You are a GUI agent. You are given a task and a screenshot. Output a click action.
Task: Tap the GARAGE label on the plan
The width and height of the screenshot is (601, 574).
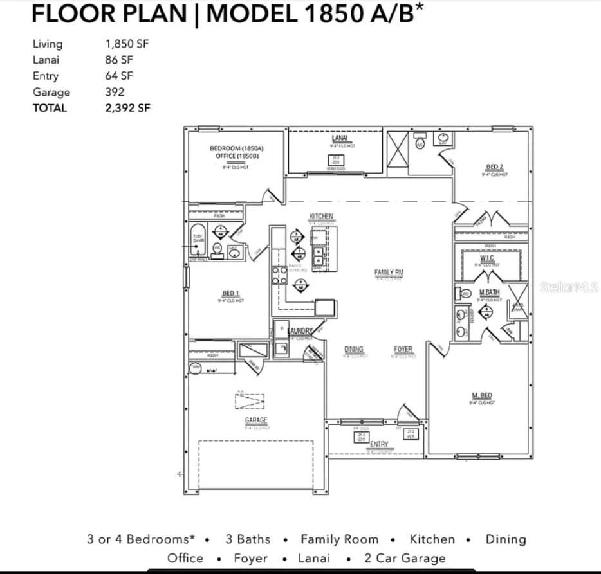(255, 420)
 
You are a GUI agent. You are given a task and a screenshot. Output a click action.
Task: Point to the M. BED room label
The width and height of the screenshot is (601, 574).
(482, 395)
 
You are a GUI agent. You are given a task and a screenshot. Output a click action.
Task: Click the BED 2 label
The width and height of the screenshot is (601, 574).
(495, 167)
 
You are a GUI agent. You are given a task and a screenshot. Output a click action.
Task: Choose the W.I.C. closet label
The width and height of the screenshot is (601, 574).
(486, 258)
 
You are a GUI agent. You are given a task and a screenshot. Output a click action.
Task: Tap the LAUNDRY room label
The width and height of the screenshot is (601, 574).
(299, 331)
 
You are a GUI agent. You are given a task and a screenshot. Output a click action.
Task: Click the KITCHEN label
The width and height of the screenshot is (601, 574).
(321, 216)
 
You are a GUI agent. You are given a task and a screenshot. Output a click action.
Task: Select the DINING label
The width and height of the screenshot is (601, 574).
(353, 349)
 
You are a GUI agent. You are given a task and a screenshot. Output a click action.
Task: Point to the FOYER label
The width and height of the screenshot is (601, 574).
(403, 349)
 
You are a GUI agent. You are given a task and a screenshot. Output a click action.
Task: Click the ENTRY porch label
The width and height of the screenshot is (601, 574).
(379, 444)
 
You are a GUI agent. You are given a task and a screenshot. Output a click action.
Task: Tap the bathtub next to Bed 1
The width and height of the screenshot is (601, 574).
(198, 241)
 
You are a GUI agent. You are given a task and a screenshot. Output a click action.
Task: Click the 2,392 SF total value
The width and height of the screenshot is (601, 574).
(127, 108)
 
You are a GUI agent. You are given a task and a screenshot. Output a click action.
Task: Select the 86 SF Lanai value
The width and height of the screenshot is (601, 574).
(119, 60)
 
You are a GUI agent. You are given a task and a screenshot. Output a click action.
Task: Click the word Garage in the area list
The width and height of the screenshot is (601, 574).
(51, 92)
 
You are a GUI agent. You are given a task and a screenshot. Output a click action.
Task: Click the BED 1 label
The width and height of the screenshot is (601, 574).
(230, 293)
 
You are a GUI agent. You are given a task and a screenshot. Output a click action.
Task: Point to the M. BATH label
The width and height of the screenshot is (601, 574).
(489, 292)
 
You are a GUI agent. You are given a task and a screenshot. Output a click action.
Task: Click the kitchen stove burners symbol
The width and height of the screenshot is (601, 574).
(279, 275)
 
